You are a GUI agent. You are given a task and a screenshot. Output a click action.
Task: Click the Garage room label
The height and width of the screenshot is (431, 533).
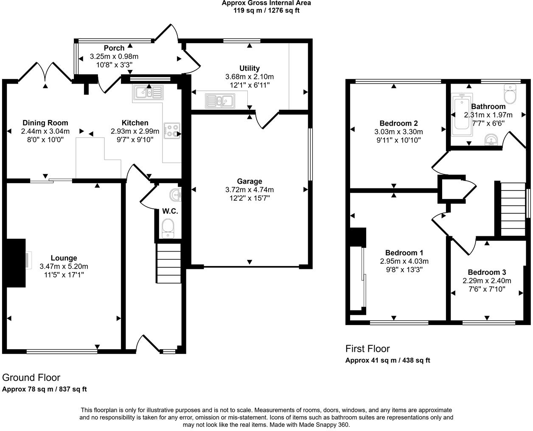[x=250, y=181]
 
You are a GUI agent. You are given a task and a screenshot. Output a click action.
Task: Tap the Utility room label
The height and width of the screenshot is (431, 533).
[x=250, y=68]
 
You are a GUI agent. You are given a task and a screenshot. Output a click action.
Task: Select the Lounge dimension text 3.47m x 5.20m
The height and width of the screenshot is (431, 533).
[x=64, y=266]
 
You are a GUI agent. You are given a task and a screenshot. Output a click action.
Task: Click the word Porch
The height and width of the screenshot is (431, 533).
[x=114, y=48]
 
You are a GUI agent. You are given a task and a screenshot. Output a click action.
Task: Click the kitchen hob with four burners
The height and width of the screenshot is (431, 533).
[x=172, y=130]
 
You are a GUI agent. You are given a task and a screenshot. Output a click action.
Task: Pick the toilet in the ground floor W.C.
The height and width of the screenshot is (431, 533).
[x=168, y=227]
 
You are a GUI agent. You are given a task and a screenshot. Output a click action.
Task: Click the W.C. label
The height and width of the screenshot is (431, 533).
[x=170, y=211]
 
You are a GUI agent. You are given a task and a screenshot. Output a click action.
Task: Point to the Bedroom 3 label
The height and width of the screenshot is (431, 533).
[x=487, y=272]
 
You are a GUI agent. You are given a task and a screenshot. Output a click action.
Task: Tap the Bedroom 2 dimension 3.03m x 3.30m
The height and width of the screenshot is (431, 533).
[x=398, y=132]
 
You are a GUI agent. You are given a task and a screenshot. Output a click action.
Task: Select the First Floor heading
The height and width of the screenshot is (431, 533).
[x=367, y=349]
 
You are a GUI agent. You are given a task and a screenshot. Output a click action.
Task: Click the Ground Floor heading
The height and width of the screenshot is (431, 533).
[x=31, y=378]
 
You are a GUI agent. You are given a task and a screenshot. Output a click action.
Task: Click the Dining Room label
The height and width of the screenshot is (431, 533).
[x=45, y=123]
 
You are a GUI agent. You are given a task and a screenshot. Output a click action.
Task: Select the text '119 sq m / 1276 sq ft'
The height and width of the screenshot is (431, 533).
[x=266, y=10]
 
